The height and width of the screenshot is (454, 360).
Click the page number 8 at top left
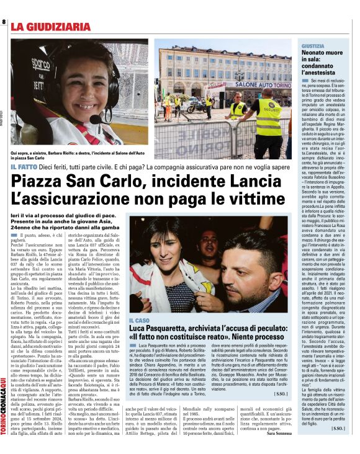[x=4, y=22]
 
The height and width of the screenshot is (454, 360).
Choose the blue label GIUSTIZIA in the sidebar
[x=312, y=47]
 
